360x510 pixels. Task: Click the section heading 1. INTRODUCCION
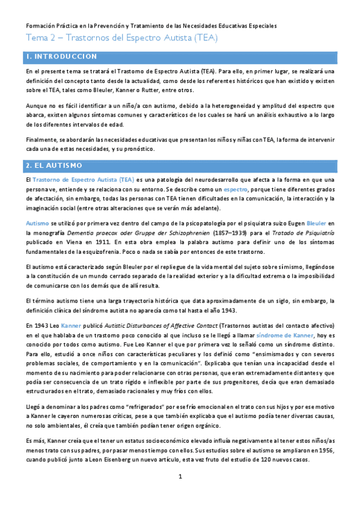61,57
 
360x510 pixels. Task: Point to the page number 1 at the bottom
180,494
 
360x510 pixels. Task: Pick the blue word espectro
235,189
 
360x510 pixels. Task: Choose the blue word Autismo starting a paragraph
37,223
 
